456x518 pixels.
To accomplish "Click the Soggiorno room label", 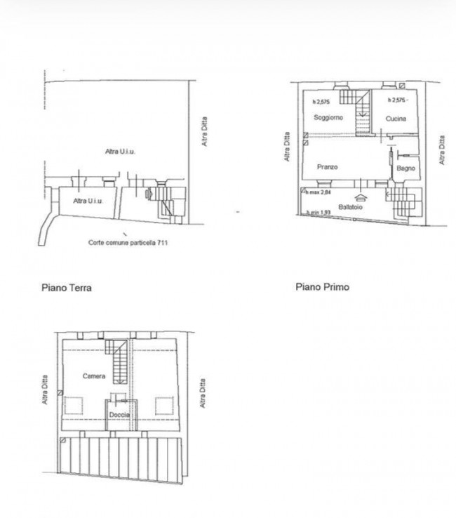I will coord(328,117).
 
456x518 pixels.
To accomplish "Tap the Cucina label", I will coord(396,119).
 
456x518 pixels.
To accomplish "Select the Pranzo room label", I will coord(327,167).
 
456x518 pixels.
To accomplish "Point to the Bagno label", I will coord(405,168).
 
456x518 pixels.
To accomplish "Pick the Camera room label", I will coord(94,376).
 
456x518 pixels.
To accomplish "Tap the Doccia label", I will coord(120,415).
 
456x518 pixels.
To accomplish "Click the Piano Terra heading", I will coord(67,287).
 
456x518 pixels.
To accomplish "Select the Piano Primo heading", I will coord(322,286).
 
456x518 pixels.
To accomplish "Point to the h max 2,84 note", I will coord(320,192).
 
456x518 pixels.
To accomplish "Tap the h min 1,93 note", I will coord(318,213).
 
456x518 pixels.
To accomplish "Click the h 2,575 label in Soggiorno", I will coord(321,102).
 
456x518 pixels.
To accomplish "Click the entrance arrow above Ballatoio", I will coord(361,198).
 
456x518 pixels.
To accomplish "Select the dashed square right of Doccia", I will coord(164,406).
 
